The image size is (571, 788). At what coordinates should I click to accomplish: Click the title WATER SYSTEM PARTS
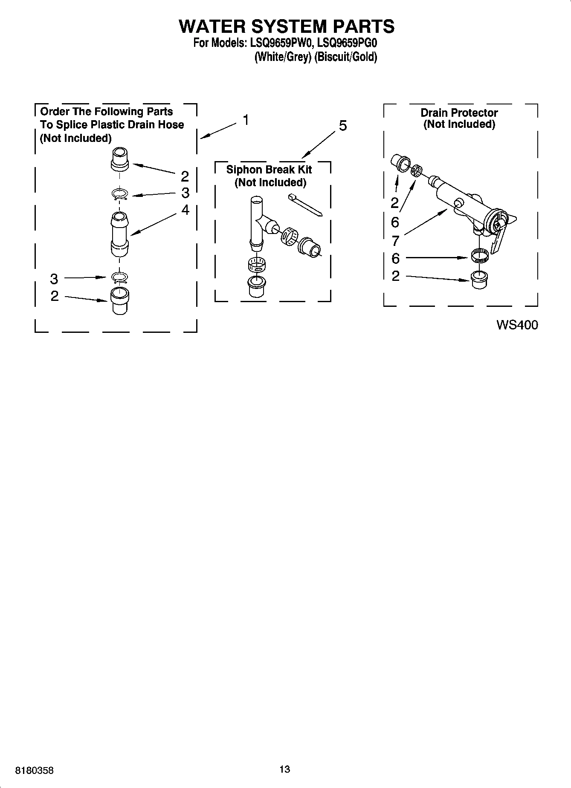(286, 26)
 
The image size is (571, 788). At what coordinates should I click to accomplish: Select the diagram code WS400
(517, 325)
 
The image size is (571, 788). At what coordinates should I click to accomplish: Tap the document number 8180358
(35, 771)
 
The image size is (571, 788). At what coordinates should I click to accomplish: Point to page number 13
(285, 769)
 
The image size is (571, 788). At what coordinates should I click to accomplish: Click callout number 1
(246, 120)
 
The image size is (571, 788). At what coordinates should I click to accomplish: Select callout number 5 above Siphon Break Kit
(342, 126)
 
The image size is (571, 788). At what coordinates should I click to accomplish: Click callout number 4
(185, 210)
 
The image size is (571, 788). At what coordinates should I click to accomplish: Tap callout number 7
(395, 241)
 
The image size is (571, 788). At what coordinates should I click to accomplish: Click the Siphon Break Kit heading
(269, 170)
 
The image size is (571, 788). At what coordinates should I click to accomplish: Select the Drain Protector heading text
(459, 113)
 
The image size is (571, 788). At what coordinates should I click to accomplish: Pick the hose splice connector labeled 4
(119, 234)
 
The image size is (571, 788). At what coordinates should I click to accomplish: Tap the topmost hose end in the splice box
(119, 159)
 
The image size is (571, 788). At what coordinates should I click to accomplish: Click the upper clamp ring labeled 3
(120, 194)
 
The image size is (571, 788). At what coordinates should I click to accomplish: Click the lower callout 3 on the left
(54, 279)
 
